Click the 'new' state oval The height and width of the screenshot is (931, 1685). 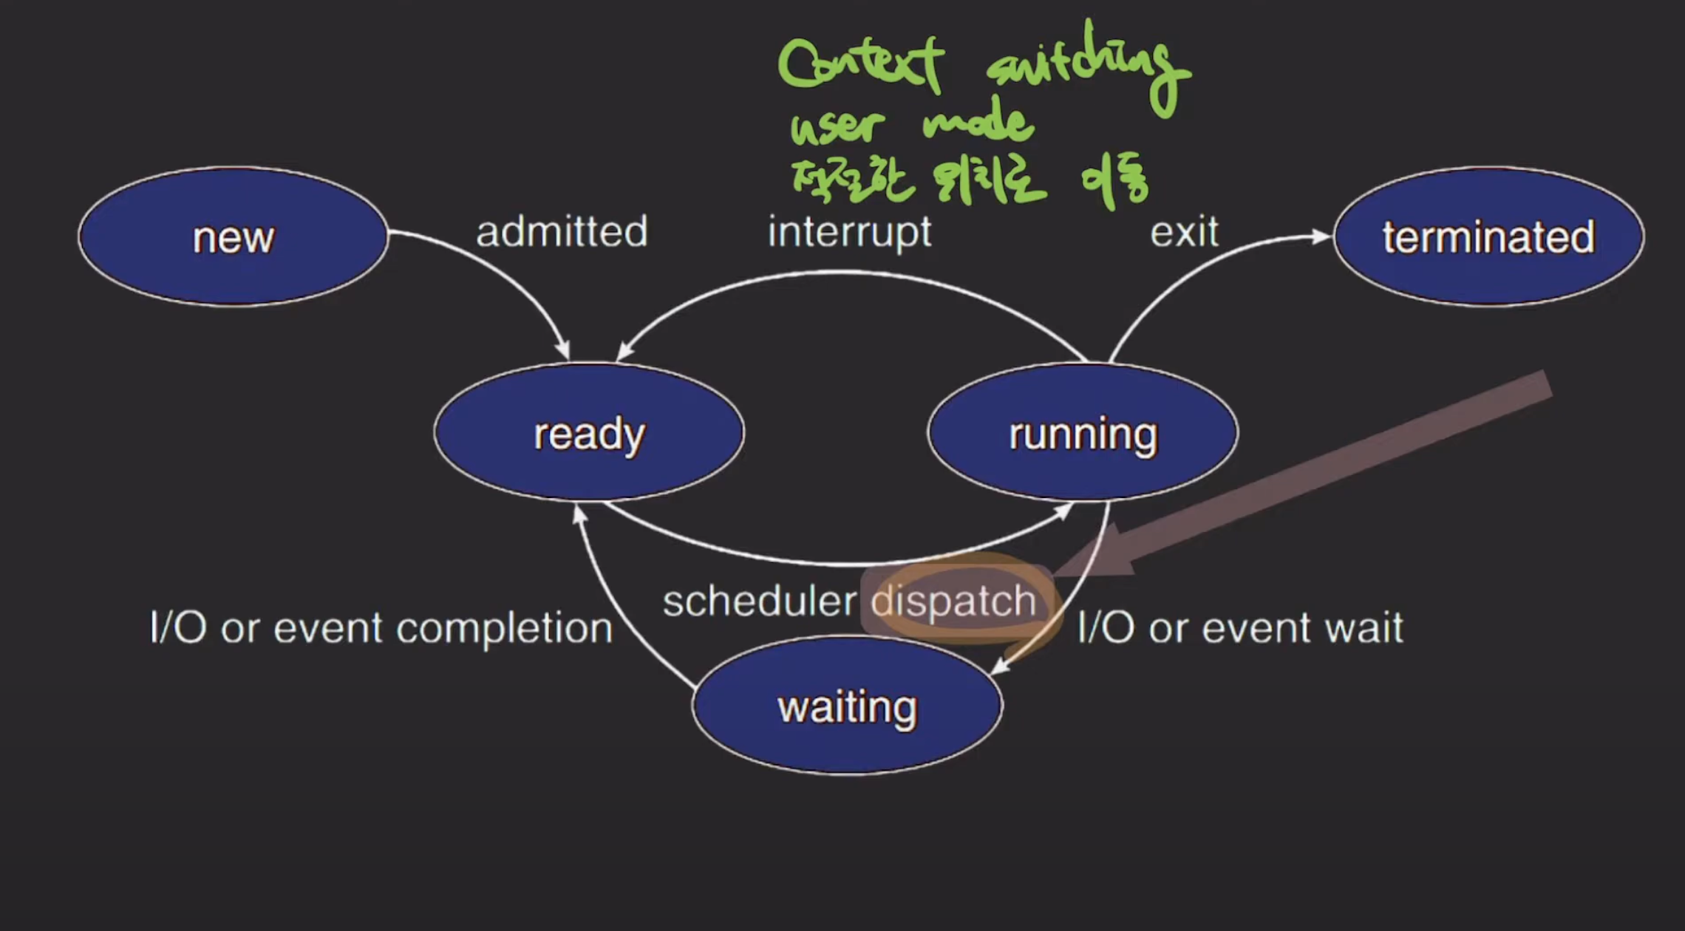coord(233,236)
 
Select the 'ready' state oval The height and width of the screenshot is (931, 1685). coord(589,433)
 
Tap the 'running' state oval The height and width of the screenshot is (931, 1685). coord(1083,433)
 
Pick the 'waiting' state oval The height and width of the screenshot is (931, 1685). coord(848,706)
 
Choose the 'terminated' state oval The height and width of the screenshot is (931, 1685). coord(1488,236)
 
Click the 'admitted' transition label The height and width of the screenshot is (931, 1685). coord(562,232)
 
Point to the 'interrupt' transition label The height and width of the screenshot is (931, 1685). coord(850,232)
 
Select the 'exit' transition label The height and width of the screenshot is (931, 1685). coord(1184,232)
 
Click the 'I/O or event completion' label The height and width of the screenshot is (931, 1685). coord(381,628)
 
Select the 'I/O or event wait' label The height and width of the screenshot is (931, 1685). coord(1240,628)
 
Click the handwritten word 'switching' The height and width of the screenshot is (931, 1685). coord(1086,66)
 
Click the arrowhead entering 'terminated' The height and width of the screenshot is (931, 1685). coord(1321,236)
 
